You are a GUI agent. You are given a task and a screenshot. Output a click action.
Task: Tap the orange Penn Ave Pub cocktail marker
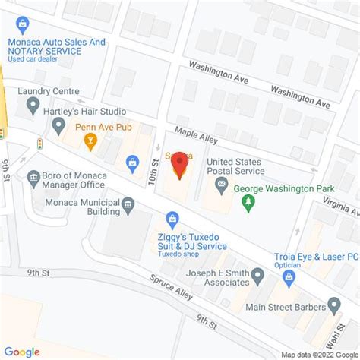click(x=90, y=141)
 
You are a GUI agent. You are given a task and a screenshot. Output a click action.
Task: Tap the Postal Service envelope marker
click(x=221, y=185)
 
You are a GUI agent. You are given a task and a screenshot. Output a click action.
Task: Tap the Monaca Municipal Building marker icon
click(x=128, y=204)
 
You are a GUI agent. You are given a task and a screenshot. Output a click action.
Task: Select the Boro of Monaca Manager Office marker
click(x=33, y=179)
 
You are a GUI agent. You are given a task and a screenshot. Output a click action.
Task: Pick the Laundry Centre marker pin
click(x=33, y=106)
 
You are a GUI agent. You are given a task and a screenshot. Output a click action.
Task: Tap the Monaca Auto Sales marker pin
click(x=24, y=25)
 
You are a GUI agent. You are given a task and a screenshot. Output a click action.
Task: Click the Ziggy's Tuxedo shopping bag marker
click(x=173, y=219)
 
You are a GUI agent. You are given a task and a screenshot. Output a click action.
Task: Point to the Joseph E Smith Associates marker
click(x=257, y=274)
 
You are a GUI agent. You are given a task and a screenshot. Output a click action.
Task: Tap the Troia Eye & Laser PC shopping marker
click(x=288, y=277)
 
